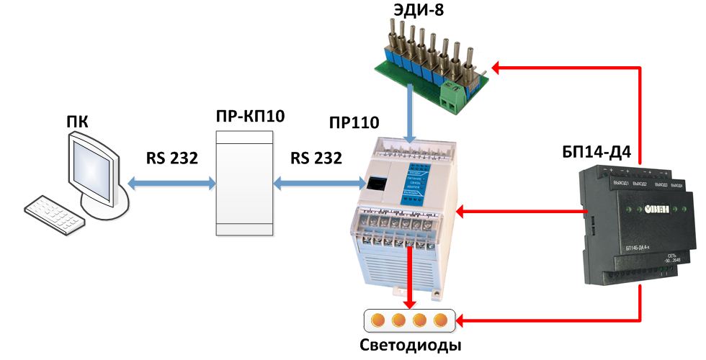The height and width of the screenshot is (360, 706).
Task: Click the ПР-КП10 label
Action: [244, 116]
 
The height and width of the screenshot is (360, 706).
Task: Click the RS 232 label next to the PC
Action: [172, 158]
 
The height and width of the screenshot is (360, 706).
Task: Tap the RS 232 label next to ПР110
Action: [316, 158]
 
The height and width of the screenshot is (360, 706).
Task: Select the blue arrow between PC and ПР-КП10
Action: [171, 184]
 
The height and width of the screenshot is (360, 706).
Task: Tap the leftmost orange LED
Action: [377, 320]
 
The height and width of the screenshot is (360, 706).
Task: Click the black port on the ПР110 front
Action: [375, 184]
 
